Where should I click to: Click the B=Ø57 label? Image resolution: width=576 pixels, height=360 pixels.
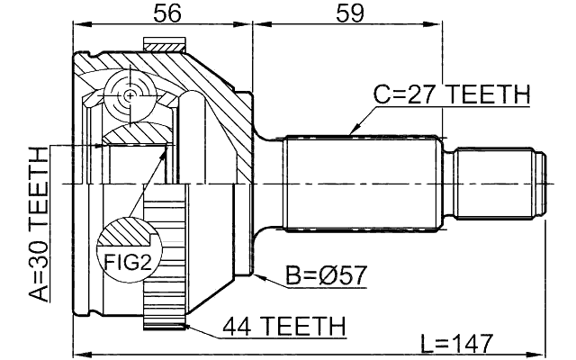pyautogui.click(x=326, y=275)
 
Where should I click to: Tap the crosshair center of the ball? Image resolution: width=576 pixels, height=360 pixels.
pyautogui.click(x=131, y=94)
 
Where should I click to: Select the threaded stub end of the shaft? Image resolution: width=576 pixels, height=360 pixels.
pyautogui.click(x=499, y=184)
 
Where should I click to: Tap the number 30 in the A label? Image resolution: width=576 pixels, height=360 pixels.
pyautogui.click(x=37, y=255)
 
